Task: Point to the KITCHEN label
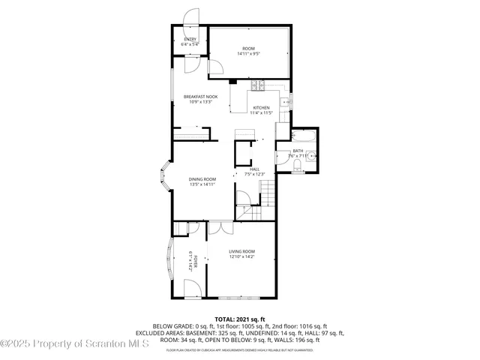pos(260,107)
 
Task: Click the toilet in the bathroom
pos(297,164)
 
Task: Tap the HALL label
pos(254,169)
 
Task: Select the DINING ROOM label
pos(202,178)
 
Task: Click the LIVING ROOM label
pos(242,251)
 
